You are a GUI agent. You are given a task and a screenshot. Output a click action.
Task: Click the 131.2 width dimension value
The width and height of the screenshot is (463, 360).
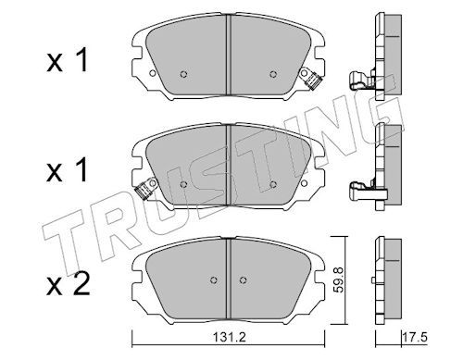pyautogui.click(x=229, y=338)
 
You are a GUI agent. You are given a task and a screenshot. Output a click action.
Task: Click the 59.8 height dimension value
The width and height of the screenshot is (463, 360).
pyautogui.click(x=340, y=279)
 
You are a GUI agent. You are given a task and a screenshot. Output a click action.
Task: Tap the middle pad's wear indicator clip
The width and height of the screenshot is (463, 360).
pyautogui.click(x=145, y=189)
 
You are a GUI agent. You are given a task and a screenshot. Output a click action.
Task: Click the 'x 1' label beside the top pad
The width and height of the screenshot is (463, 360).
pyautogui.click(x=68, y=61)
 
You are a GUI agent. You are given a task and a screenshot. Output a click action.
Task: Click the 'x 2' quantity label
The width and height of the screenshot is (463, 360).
pyautogui.click(x=69, y=284)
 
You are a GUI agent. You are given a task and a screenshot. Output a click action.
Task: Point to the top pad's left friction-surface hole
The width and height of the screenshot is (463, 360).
pyautogui.click(x=183, y=74)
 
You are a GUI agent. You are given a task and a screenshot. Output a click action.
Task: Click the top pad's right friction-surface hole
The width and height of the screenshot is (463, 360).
pyautogui.click(x=273, y=74)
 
